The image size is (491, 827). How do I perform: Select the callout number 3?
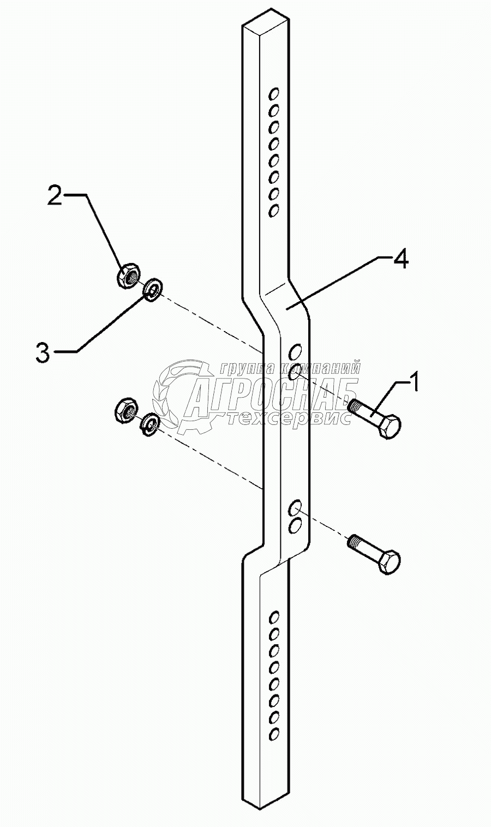43,352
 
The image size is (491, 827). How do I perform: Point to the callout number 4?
400,260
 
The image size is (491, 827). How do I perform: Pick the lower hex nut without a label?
126,410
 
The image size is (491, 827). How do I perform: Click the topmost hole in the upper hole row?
274,93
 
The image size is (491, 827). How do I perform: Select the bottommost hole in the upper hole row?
274,210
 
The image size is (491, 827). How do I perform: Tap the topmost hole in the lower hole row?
274,616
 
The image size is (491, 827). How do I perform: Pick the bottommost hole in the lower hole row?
274,732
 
